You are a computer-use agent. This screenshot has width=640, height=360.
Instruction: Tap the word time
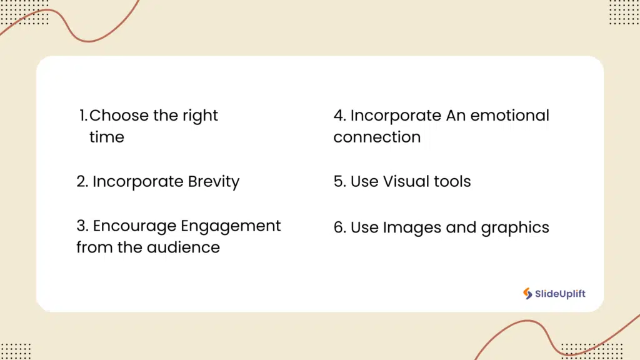[x=107, y=137]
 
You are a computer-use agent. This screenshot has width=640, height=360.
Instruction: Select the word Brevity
[x=214, y=182]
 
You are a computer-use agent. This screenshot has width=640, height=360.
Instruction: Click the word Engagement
[x=231, y=226]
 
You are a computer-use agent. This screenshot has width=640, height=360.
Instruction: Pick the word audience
[x=183, y=247]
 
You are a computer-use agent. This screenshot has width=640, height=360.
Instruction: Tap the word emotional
[x=509, y=116]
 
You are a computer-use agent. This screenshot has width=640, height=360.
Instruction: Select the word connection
[x=377, y=137]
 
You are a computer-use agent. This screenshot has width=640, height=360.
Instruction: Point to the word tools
[x=455, y=182]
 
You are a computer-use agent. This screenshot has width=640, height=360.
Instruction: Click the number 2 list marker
[x=82, y=182]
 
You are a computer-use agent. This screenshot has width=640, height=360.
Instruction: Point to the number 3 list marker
[x=82, y=226]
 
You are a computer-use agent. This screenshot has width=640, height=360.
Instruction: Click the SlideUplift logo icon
[x=528, y=294]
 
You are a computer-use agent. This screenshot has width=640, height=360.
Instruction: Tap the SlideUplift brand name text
[x=561, y=294]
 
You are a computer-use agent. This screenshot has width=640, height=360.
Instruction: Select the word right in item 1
[x=200, y=116]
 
